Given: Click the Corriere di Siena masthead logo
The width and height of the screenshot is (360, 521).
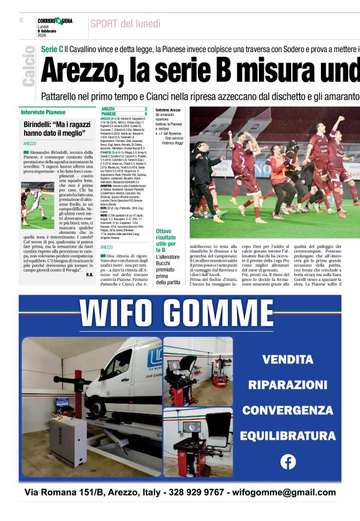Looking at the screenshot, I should [x=55, y=21].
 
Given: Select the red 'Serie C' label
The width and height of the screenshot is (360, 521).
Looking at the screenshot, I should [x=52, y=48].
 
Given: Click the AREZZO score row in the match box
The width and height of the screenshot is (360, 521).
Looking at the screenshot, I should [x=124, y=109].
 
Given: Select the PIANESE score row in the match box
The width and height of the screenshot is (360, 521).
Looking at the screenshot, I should [x=124, y=114].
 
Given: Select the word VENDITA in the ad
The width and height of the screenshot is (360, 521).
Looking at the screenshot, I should [x=287, y=359].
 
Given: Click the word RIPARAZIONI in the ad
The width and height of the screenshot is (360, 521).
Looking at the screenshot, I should [x=287, y=385].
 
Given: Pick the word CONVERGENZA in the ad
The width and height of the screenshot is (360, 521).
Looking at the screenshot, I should [x=287, y=410].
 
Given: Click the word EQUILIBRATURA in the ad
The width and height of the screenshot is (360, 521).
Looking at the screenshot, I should [x=287, y=435].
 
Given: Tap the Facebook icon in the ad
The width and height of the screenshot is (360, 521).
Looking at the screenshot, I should [x=288, y=461].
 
